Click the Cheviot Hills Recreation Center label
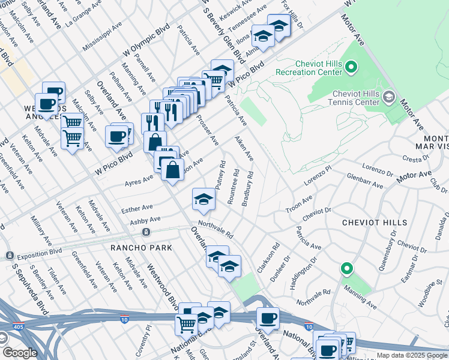318,68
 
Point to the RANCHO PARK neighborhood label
141,248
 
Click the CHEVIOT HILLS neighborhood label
375,223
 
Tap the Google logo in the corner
20,353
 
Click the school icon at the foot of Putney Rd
203,200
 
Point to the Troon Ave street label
298,202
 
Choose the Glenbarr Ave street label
365,181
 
